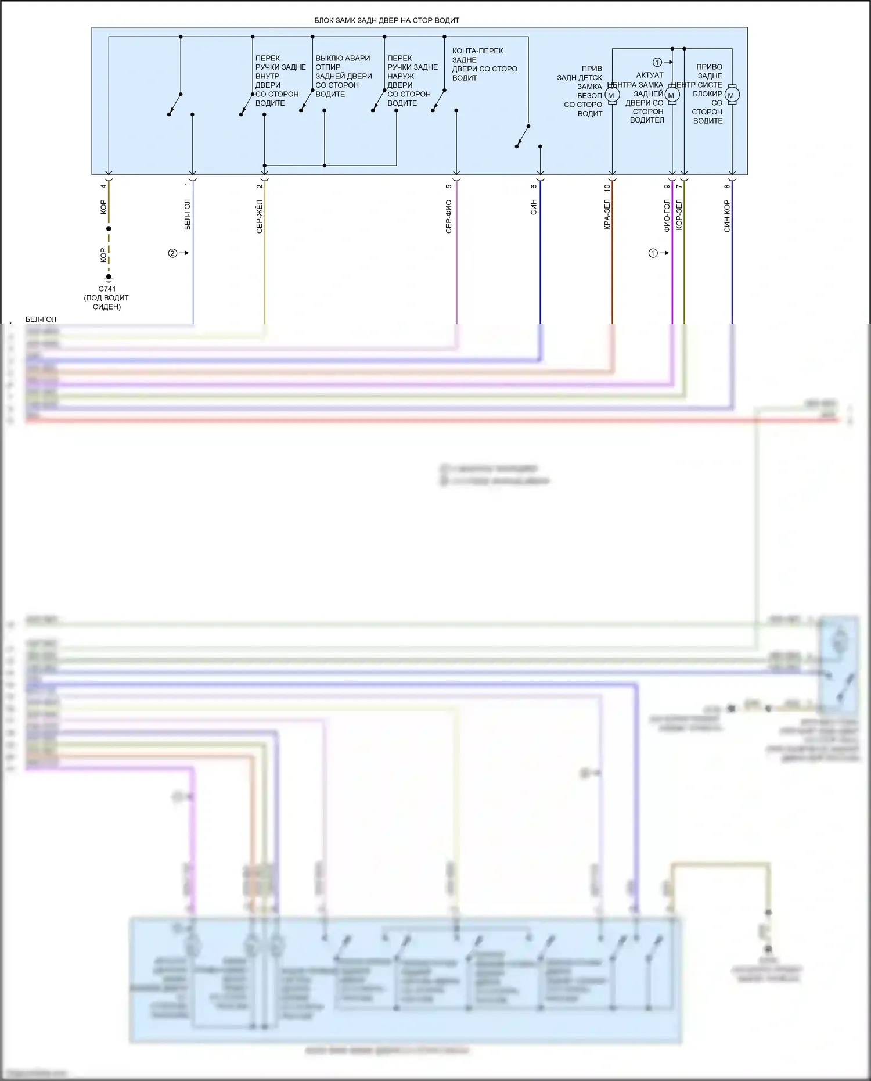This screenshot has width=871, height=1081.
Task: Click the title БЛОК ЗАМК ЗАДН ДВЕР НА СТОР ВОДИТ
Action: (x=387, y=20)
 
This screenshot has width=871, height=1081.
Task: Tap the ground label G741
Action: (x=107, y=289)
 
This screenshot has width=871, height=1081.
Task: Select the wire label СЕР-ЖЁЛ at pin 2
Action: (x=260, y=217)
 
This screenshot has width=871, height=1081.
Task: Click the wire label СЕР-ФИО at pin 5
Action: (x=449, y=217)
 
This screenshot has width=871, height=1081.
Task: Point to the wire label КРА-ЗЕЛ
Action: (x=607, y=215)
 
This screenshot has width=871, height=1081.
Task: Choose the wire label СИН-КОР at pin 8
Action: (x=727, y=216)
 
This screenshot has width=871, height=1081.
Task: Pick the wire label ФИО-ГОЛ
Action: (x=667, y=216)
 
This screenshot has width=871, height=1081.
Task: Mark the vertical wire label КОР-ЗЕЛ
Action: (x=679, y=215)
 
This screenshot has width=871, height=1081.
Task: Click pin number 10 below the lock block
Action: (x=607, y=188)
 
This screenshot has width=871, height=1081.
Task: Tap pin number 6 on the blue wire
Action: (x=534, y=186)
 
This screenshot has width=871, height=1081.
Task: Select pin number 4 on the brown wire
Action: (x=104, y=186)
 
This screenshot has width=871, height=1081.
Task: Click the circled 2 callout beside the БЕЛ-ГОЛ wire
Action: (x=172, y=253)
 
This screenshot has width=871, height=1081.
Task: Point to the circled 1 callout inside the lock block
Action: (x=657, y=62)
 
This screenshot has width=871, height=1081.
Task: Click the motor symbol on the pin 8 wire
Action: (x=732, y=95)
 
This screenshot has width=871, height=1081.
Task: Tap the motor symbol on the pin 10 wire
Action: (x=612, y=95)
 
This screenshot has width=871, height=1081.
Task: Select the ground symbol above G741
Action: (x=109, y=279)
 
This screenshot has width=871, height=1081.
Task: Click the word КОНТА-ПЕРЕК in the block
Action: (x=478, y=51)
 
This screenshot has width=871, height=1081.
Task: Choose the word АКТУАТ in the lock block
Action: (x=650, y=75)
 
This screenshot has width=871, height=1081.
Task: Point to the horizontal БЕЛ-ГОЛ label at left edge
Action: (x=41, y=319)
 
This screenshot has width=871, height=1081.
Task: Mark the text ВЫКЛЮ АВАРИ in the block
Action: (x=343, y=58)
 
